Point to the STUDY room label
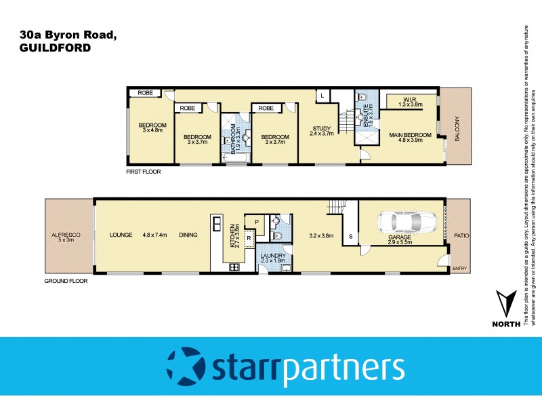320,128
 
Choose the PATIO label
461,235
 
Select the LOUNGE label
121,235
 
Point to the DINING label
188,235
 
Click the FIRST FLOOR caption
144,172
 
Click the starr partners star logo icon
185,366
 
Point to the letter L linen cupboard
321,95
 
